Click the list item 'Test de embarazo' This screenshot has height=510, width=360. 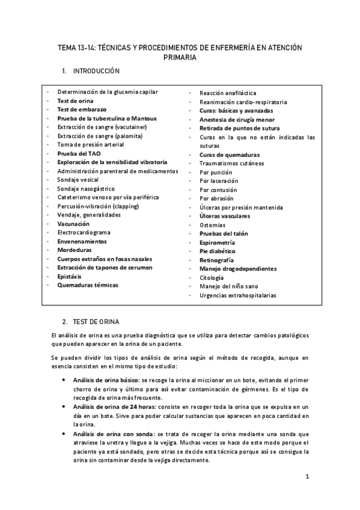[81, 109]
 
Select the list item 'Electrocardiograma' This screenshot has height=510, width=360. [84, 232]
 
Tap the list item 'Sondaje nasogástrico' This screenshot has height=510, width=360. [86, 188]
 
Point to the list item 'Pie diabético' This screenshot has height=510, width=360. [218, 251]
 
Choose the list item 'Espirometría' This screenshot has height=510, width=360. [218, 242]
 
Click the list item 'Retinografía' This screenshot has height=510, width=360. [216, 260]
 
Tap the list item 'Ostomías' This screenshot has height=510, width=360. [213, 224]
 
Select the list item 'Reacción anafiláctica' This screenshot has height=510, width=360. [228, 93]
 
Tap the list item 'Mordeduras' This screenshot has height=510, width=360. [75, 249]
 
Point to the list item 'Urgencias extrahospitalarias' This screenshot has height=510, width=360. [238, 295]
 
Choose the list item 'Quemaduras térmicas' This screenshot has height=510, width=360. [88, 284]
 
